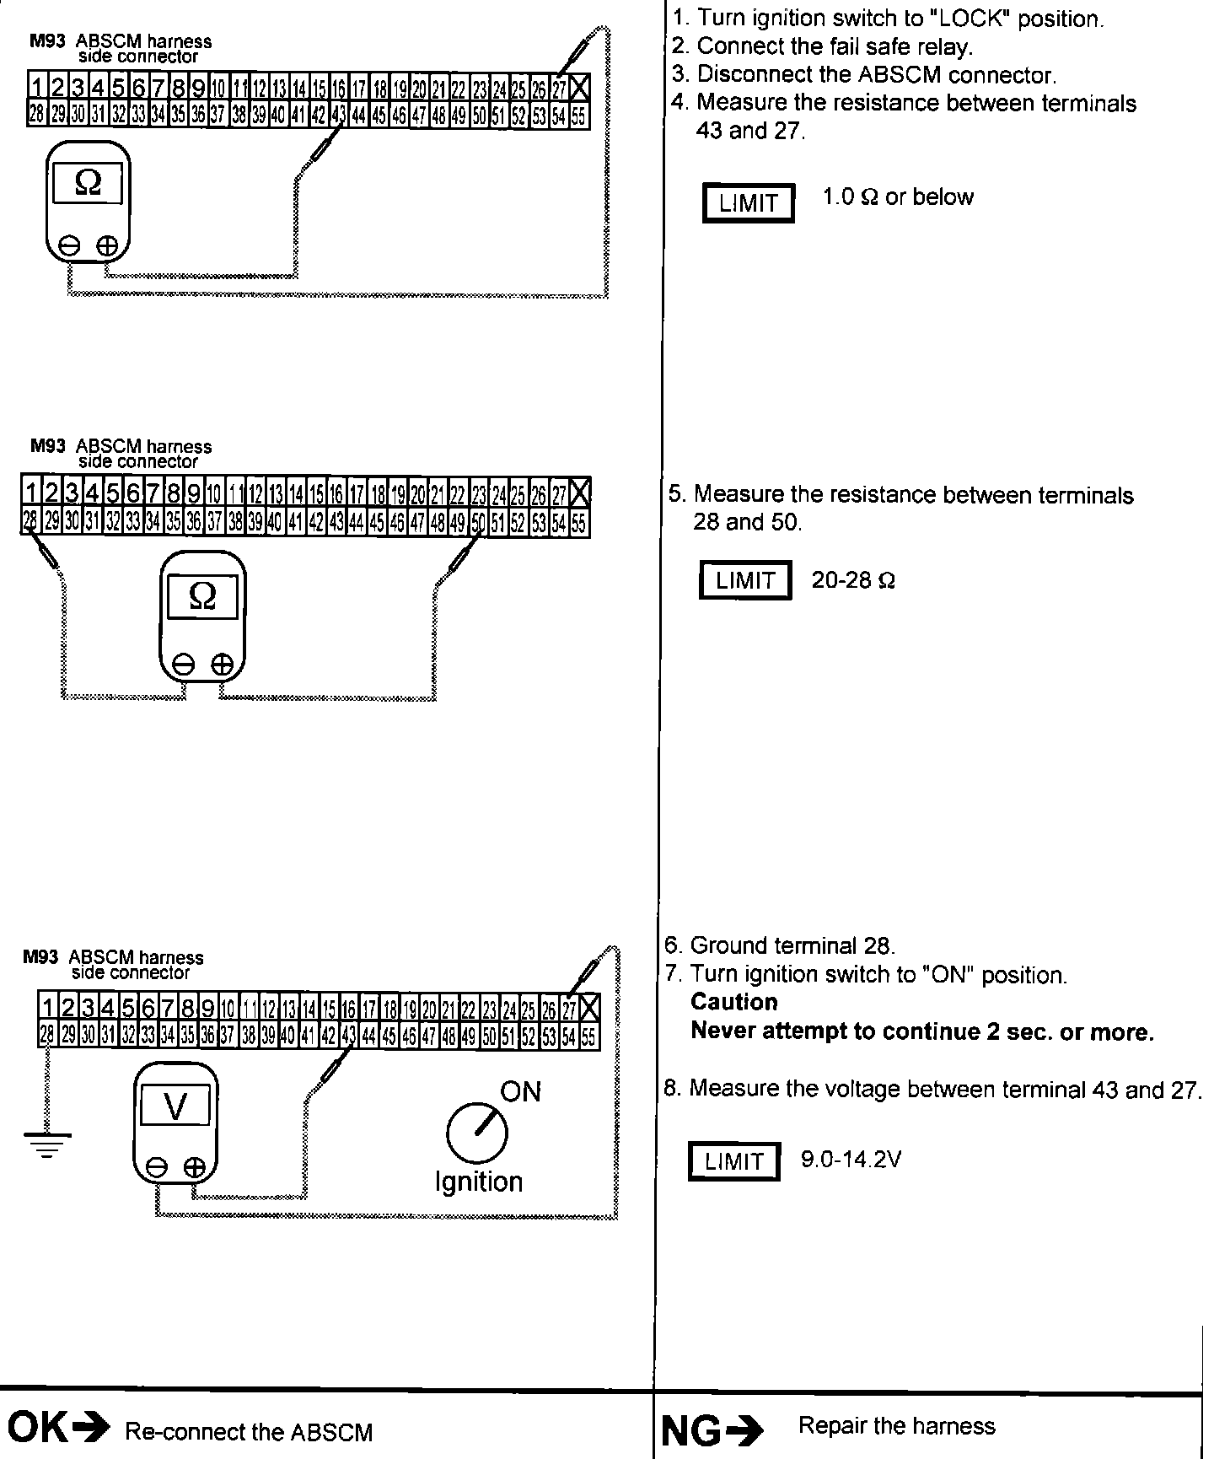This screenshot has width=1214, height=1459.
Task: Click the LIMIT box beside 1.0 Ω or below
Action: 748,203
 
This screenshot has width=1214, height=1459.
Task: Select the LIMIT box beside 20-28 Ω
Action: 744,580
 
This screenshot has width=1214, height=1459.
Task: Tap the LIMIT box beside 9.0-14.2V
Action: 733,1161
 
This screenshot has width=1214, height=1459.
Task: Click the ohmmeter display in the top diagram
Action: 88,183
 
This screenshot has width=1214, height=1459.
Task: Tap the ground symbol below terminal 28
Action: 47,1143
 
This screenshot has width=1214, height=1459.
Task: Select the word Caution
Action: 733,1002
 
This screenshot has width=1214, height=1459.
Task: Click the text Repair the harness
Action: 896,1425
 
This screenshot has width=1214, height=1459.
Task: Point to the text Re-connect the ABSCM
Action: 248,1431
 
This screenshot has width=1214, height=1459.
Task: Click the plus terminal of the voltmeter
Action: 195,1167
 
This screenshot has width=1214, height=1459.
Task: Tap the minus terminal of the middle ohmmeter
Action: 183,665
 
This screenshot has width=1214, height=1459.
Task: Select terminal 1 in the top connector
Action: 37,87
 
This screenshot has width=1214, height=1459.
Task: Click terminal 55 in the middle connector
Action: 579,524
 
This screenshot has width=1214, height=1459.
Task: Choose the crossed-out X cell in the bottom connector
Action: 589,1008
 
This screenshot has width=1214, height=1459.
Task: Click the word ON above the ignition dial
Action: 520,1091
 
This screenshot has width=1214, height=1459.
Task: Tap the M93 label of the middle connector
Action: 47,445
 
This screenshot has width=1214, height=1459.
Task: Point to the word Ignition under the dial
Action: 478,1182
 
